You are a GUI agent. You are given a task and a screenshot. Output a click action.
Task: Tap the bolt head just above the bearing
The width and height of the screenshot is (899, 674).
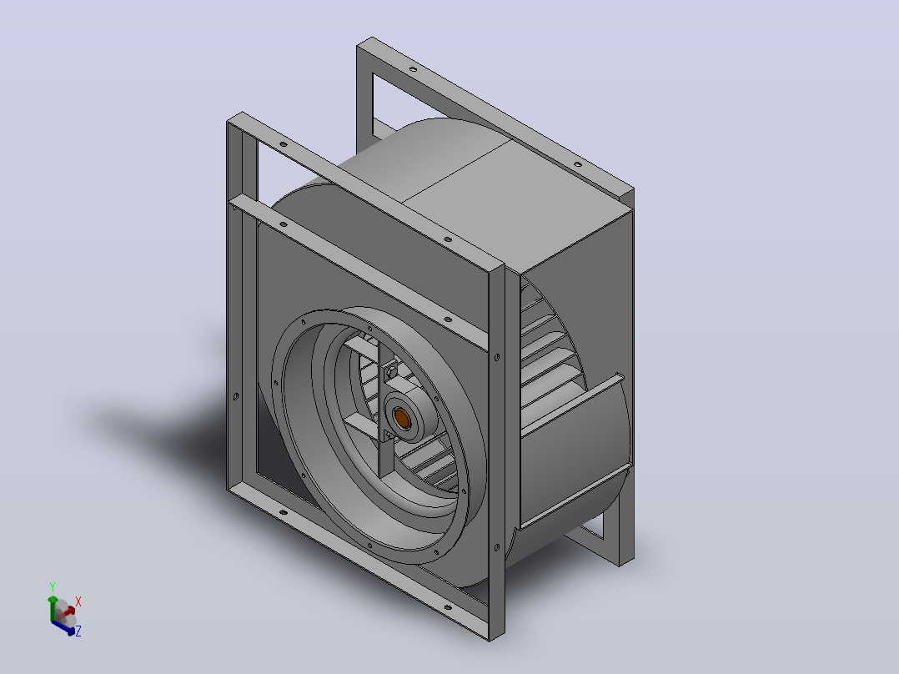point(392,372)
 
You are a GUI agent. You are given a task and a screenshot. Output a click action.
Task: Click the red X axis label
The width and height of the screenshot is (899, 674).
point(78,601)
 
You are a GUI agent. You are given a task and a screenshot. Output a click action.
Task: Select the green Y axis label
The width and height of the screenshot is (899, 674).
point(53,586)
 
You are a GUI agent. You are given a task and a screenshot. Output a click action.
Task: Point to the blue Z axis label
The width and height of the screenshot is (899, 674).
point(78,631)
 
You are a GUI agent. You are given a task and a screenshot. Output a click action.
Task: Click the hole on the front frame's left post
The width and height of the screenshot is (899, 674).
point(236,395)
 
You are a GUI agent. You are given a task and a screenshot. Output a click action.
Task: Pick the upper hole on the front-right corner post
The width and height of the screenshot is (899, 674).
point(496,357)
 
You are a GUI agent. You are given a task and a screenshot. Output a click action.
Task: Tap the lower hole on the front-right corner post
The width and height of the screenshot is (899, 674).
point(496,548)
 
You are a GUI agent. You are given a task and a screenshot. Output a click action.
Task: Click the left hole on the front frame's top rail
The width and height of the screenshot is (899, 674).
point(283,144)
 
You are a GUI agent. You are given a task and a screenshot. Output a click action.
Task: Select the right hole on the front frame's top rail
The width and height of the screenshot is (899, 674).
point(448,239)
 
